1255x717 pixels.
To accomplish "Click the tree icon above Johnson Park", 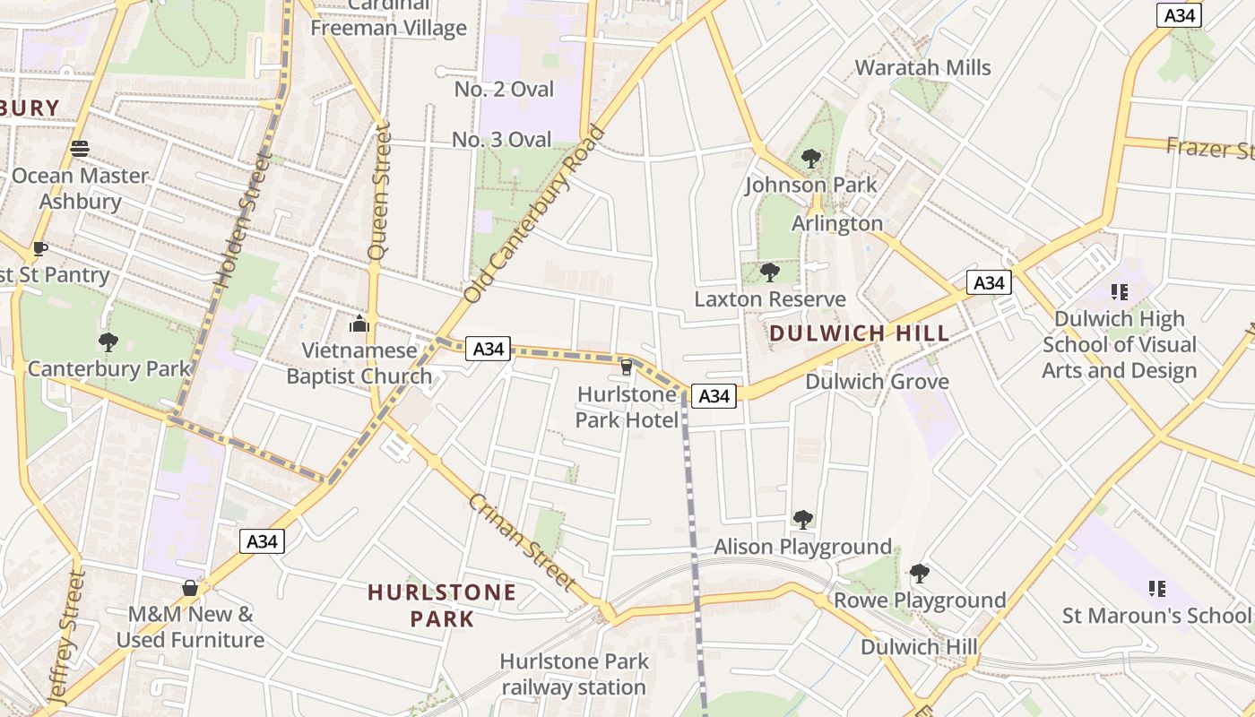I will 811,159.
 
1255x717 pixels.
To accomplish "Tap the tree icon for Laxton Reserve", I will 769,272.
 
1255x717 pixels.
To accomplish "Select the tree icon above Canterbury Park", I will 108,341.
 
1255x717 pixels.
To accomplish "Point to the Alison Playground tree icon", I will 802,519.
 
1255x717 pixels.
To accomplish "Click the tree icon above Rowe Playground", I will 919,573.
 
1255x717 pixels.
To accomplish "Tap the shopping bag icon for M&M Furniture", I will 189,588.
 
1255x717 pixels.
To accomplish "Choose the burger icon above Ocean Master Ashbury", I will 80,148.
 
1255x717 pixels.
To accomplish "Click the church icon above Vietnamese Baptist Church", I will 359,323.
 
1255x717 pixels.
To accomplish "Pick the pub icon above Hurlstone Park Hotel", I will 627,367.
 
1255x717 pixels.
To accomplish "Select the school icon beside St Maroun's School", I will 1156,588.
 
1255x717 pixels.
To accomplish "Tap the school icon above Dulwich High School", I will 1119,291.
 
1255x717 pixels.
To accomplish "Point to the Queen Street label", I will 382,193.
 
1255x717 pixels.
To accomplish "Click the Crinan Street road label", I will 521,541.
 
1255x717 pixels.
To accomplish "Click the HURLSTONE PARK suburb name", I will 442,605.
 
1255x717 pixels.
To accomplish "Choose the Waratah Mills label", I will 922,67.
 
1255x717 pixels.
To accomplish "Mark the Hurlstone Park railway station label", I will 573,674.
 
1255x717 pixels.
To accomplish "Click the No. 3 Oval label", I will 502,139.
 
